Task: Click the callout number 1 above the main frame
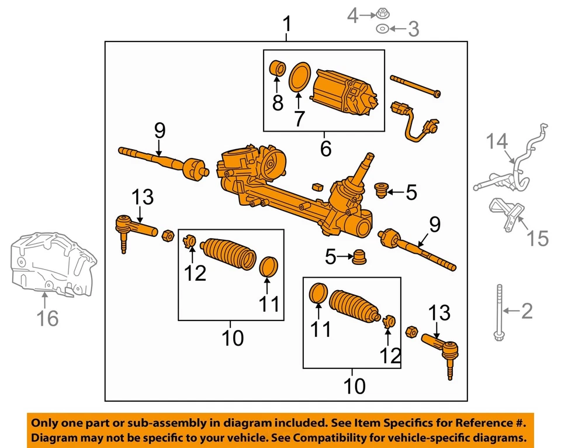tap(286, 25)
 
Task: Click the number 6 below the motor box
tap(325, 149)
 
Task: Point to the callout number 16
tap(49, 319)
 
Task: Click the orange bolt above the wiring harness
tap(416, 85)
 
